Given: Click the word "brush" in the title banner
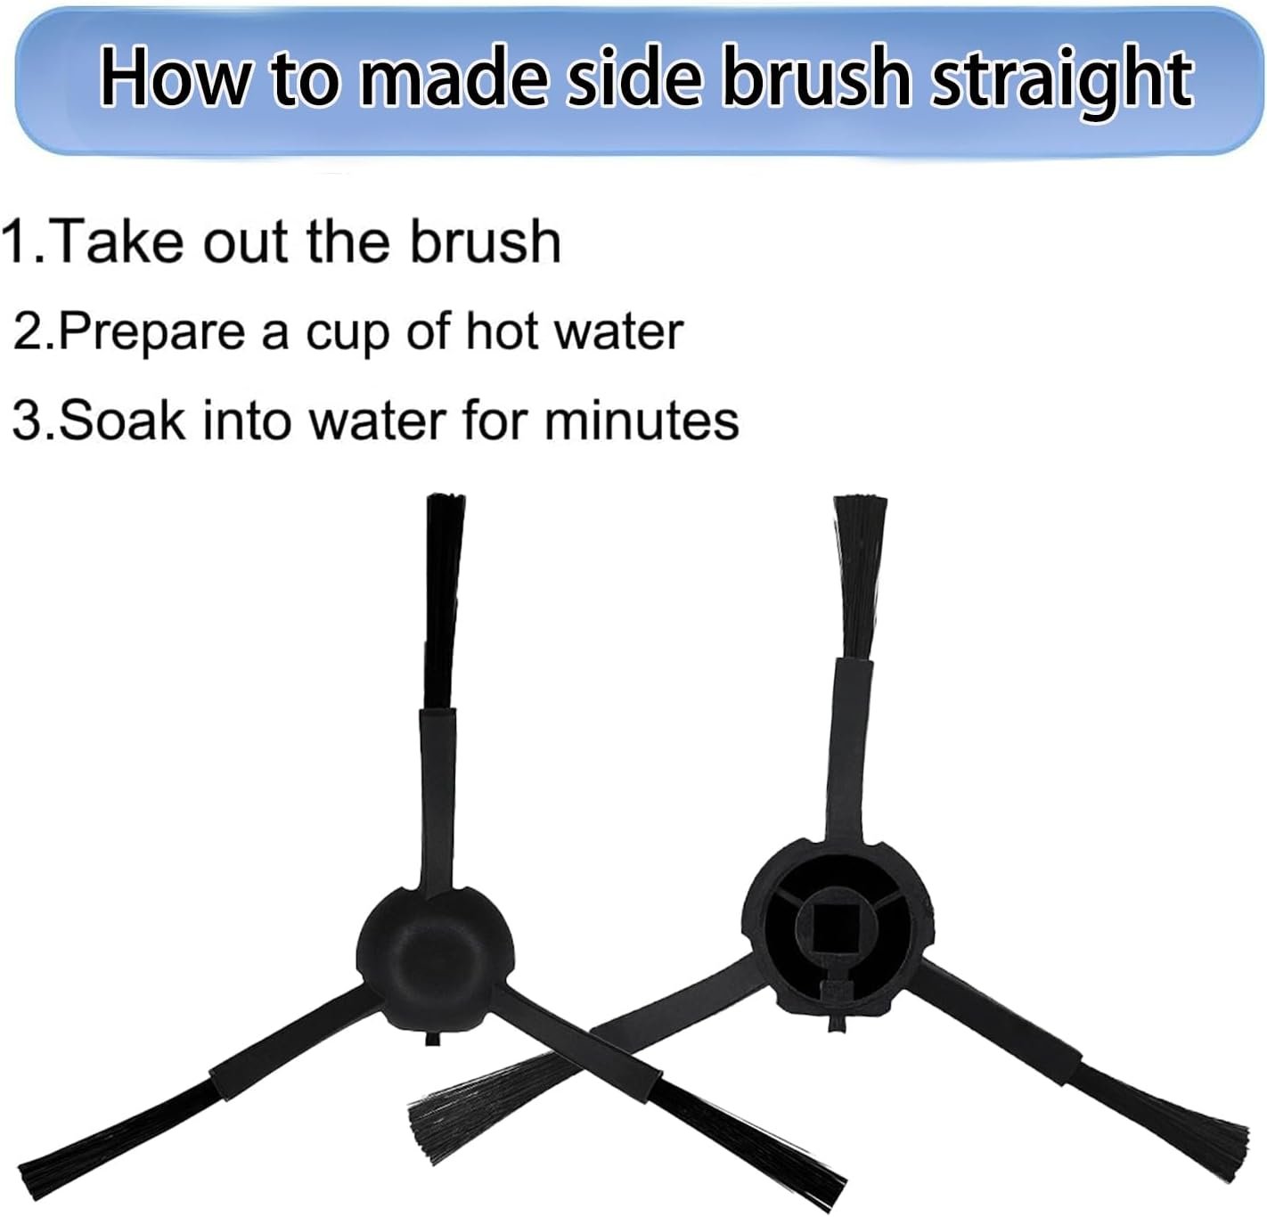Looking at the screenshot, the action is [815, 76].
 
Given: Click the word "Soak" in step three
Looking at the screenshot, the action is [122, 421].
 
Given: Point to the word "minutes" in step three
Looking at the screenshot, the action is [641, 421].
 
